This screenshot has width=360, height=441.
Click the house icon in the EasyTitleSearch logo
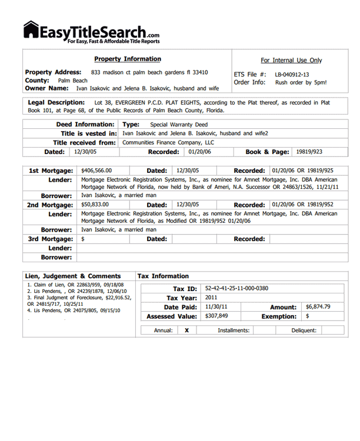(x=31, y=30)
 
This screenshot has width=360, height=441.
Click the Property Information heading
(x=127, y=59)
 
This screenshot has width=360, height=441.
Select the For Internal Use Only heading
(x=291, y=60)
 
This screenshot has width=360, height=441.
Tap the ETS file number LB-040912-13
(x=292, y=75)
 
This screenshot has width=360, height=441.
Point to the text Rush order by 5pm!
(x=301, y=82)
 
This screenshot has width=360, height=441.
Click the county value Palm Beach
(x=72, y=81)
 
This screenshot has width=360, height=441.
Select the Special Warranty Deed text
(x=179, y=125)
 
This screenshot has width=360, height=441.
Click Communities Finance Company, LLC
(x=168, y=142)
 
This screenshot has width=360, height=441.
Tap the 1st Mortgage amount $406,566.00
(x=96, y=171)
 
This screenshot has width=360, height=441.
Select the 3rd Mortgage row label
(x=51, y=239)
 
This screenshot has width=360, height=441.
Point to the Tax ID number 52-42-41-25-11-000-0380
(x=236, y=289)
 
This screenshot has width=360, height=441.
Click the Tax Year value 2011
(x=211, y=298)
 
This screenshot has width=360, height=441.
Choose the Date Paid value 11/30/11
(x=216, y=307)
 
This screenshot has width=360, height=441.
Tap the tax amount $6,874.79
(x=318, y=307)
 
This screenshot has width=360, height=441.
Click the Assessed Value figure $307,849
(x=216, y=316)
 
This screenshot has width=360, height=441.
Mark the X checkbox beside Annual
(x=186, y=330)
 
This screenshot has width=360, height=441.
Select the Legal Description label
(x=56, y=102)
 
